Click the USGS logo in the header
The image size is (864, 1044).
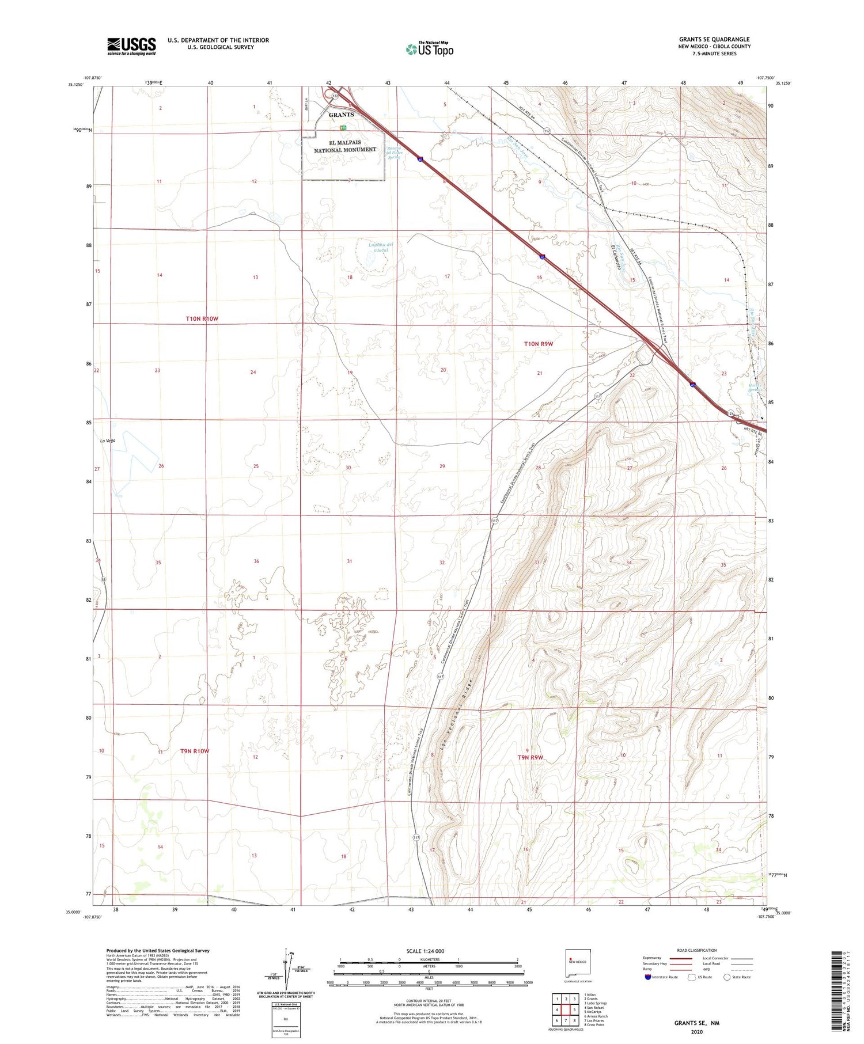click(x=131, y=46)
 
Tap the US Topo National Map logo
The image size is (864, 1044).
click(x=430, y=49)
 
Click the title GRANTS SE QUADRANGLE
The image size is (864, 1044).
click(x=714, y=40)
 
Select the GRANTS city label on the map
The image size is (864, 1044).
click(x=342, y=115)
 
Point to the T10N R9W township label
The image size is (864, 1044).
click(x=538, y=344)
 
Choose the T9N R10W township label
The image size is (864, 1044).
click(x=194, y=751)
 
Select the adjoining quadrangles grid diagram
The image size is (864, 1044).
click(x=566, y=1009)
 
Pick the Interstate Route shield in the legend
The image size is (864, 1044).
click(x=648, y=977)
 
